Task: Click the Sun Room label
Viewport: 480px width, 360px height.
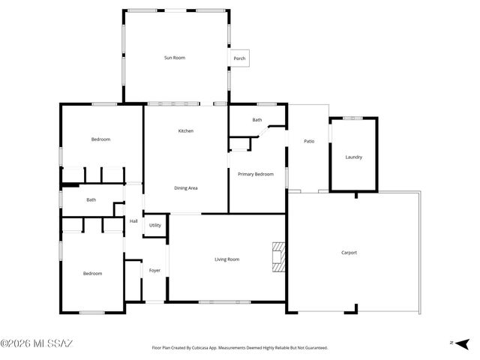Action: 175,58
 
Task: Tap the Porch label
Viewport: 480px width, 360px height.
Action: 240,58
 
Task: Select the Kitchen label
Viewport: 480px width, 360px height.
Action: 185,131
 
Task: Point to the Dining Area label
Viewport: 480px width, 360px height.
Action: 185,187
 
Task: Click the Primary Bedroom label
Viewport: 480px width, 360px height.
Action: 256,174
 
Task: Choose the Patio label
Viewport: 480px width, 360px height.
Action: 308,140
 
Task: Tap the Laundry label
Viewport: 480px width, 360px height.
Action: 353,157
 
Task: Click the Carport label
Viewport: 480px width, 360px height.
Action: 349,252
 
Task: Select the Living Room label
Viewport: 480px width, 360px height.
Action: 226,259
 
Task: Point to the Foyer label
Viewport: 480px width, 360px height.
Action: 154,270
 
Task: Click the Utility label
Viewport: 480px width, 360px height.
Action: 154,225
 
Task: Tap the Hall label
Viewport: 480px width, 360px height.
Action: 133,221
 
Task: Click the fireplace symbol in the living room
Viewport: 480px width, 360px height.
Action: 278,256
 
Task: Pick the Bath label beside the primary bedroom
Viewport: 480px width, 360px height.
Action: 257,120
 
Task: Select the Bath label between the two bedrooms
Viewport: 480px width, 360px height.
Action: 91,199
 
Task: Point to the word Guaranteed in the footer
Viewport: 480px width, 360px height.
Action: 315,348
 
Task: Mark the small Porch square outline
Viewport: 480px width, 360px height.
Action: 240,58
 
